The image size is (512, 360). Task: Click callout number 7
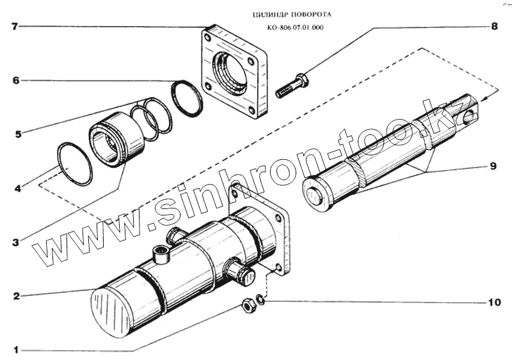tap(14, 27)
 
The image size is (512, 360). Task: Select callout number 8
tap(493, 27)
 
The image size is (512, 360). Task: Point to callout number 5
tap(18, 134)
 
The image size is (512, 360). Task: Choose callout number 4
tap(18, 189)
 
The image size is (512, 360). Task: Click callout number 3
tap(15, 243)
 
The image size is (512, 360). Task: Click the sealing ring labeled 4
tap(74, 164)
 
